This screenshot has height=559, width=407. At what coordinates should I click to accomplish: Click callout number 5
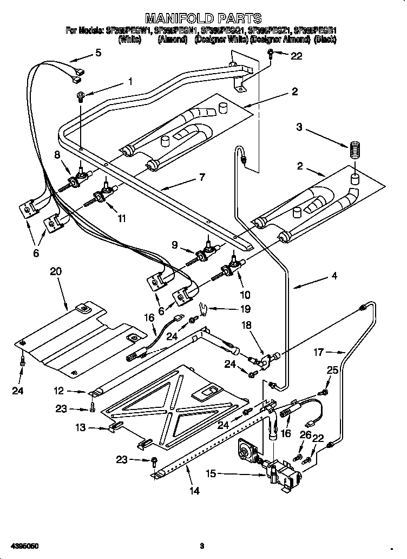click(98, 53)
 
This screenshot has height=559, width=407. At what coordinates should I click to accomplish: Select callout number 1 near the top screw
click(130, 82)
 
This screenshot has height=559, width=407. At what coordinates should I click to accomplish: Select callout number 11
click(122, 218)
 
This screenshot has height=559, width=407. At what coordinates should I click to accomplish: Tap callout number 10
click(245, 295)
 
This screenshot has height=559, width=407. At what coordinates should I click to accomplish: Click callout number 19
click(245, 309)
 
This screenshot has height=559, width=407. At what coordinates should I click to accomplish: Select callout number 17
click(319, 352)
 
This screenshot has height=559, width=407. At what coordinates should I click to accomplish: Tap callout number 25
click(332, 371)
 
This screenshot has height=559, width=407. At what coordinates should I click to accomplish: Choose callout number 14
click(194, 491)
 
